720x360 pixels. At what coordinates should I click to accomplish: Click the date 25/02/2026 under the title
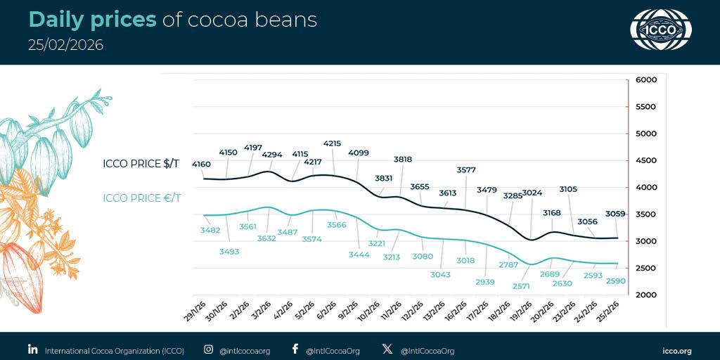coord(65,45)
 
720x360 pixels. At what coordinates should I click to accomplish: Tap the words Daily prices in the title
coord(92,20)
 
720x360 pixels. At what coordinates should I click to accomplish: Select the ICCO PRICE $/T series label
coord(141,164)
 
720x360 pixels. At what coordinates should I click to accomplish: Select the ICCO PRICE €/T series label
coord(141,198)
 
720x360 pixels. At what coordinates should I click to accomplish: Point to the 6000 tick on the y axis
coord(645,80)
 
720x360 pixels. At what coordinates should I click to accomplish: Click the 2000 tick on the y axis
coord(645,295)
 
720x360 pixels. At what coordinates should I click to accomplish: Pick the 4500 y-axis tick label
coord(645,160)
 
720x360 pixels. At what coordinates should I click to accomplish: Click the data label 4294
coord(272,155)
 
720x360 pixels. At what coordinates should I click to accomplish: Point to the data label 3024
coord(532,193)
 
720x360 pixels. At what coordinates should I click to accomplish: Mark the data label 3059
coord(617,214)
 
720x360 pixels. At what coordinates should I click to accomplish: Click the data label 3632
coord(266,238)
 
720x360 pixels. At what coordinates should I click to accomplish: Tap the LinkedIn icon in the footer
coord(32,349)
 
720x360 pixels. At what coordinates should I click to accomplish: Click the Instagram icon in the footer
coord(208,349)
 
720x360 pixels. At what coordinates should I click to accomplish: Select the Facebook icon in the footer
coord(295,349)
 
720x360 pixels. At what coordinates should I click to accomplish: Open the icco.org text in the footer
coord(677,350)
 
